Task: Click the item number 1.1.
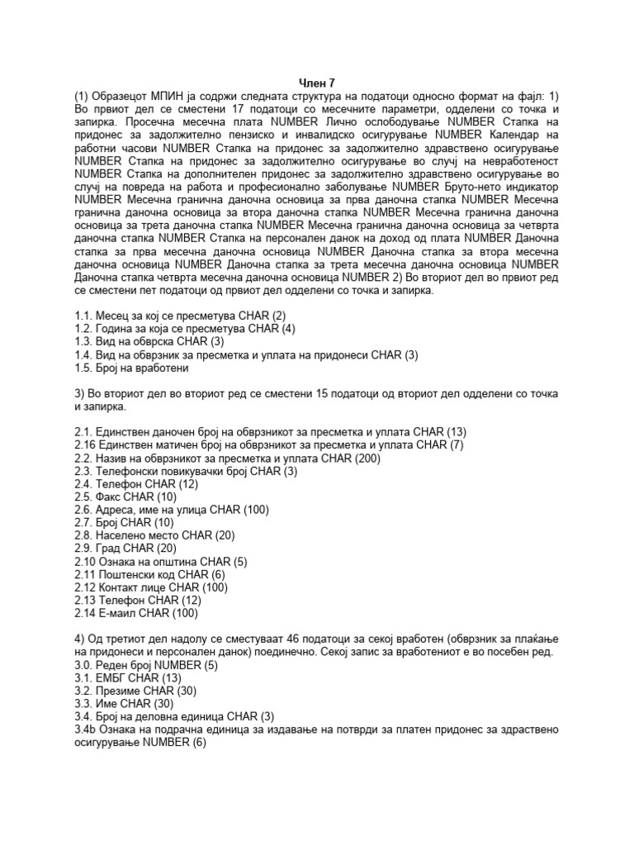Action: click(x=83, y=317)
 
